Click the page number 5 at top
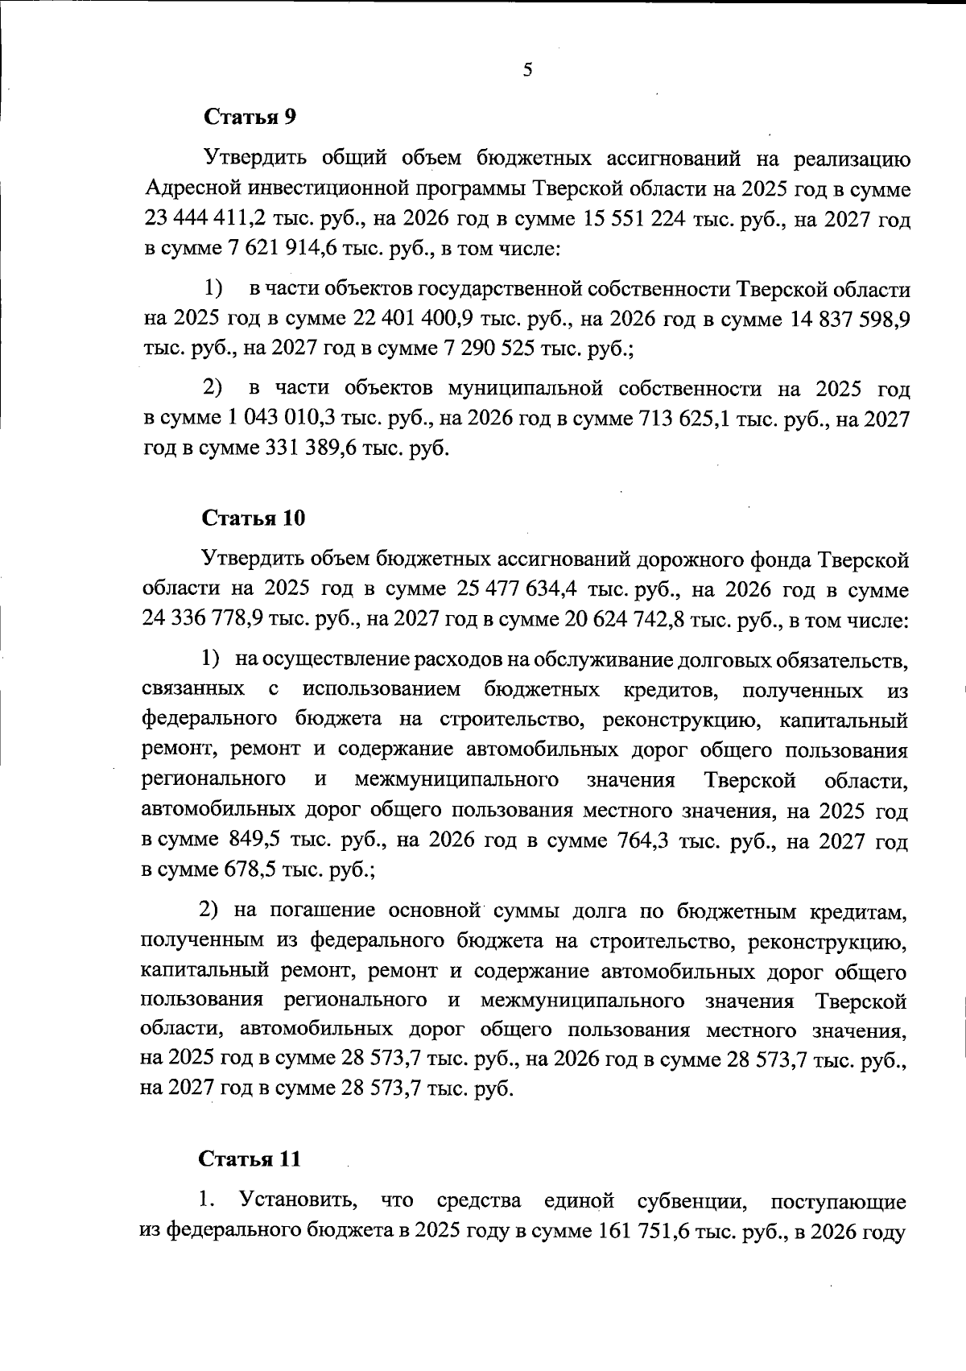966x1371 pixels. click(x=527, y=70)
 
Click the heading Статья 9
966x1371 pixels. click(x=250, y=117)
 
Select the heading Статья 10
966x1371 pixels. click(x=254, y=518)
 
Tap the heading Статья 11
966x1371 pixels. click(x=250, y=1159)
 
